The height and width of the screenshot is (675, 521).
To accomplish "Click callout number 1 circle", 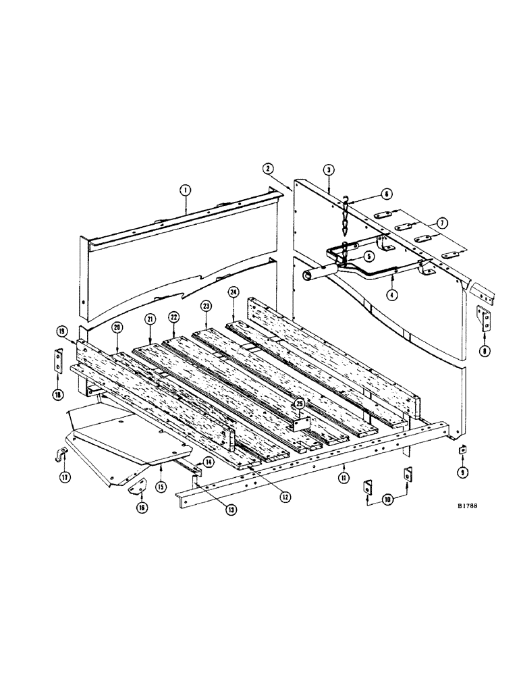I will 184,191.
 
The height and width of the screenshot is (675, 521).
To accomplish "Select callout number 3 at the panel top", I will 327,171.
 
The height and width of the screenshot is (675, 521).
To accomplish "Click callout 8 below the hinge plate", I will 484,350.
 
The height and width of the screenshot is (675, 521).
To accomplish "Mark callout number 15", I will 161,485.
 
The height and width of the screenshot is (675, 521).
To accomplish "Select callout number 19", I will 61,331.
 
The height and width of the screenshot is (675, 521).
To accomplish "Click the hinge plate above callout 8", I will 484,317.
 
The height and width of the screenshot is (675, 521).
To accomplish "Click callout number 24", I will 233,292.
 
